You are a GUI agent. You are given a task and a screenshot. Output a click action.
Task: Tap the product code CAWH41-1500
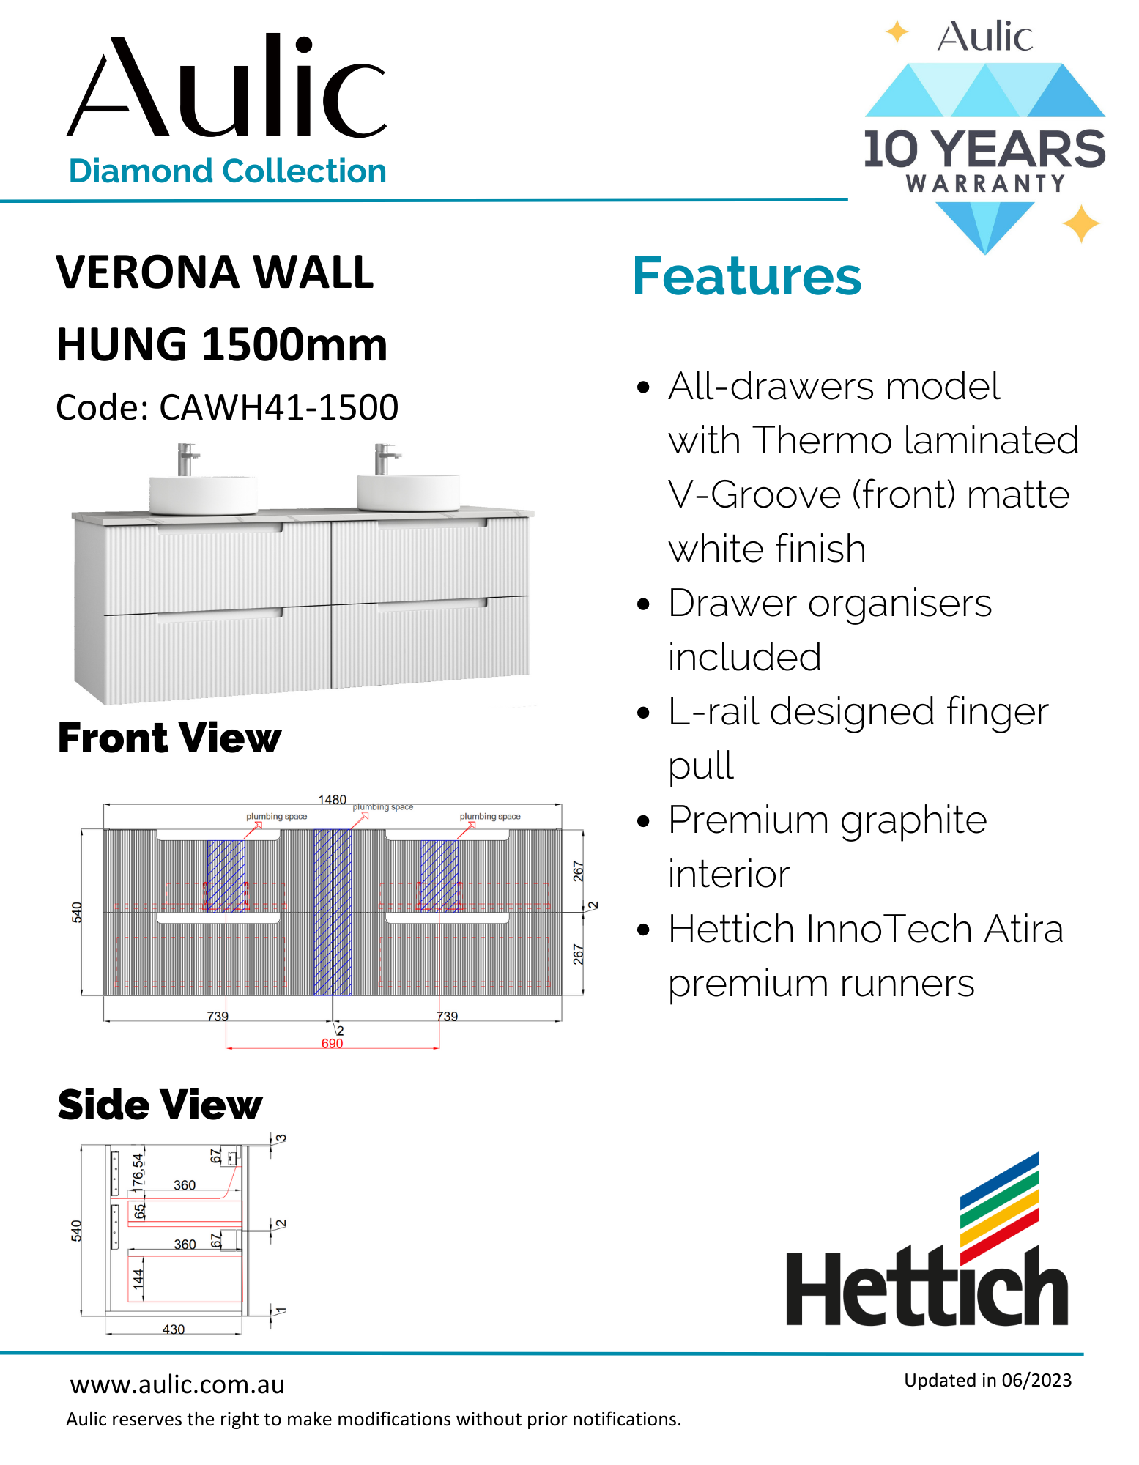coord(278,407)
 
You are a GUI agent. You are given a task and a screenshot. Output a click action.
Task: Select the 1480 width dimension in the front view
coord(332,799)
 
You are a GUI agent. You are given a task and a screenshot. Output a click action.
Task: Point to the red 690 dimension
coord(332,1043)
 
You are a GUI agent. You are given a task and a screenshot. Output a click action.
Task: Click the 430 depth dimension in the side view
coord(174,1329)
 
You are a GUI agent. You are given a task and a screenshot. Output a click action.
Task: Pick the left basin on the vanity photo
coord(203,494)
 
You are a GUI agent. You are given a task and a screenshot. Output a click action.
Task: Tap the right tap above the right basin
coord(384,459)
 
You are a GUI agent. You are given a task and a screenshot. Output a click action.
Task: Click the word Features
coord(746,276)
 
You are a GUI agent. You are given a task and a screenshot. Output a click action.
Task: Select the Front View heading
coord(169,738)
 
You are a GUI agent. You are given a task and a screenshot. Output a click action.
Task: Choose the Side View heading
coord(160,1105)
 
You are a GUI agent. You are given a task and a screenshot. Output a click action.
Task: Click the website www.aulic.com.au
coord(177,1384)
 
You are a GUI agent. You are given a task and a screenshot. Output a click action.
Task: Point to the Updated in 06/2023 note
coord(987,1380)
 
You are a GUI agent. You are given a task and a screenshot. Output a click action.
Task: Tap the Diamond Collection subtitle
coord(227,171)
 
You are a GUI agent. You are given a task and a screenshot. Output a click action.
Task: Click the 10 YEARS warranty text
coord(984,149)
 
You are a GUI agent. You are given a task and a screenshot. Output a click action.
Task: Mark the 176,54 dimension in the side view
coord(138,1170)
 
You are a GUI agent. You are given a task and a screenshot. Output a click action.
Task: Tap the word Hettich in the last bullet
coord(731,929)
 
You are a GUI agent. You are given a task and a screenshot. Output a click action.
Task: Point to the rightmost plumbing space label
coord(490,816)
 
